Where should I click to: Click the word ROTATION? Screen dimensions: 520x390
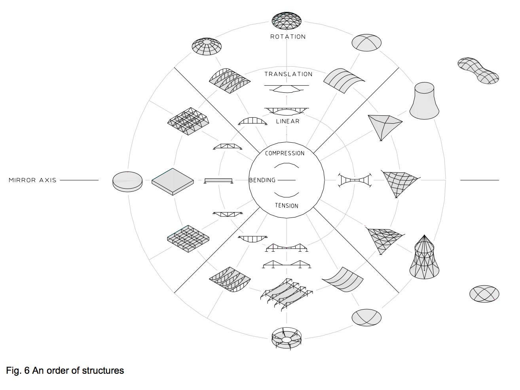click(x=288, y=37)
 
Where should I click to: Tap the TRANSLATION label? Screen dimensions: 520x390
click(x=288, y=74)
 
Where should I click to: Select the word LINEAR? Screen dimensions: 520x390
click(x=288, y=121)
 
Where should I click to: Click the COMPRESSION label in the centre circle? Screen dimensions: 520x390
click(x=285, y=153)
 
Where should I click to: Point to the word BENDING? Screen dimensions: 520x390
click(x=262, y=180)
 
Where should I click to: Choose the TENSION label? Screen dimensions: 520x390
click(x=287, y=206)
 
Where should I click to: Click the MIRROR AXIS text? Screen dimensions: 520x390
click(x=32, y=180)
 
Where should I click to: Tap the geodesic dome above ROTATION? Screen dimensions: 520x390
click(x=287, y=21)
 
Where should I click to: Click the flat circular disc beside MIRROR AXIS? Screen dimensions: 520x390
click(x=127, y=182)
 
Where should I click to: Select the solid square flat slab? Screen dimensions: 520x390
click(x=173, y=182)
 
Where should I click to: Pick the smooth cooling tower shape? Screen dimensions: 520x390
click(x=424, y=101)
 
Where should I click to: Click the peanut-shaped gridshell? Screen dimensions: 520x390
click(x=478, y=71)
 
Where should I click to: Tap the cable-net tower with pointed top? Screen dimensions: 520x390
click(x=424, y=257)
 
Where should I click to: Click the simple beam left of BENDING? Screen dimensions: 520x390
click(x=218, y=181)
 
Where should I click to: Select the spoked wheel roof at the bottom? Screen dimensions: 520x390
click(x=287, y=338)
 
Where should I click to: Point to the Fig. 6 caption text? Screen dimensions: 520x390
click(x=65, y=371)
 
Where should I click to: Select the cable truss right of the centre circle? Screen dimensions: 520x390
click(x=355, y=180)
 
